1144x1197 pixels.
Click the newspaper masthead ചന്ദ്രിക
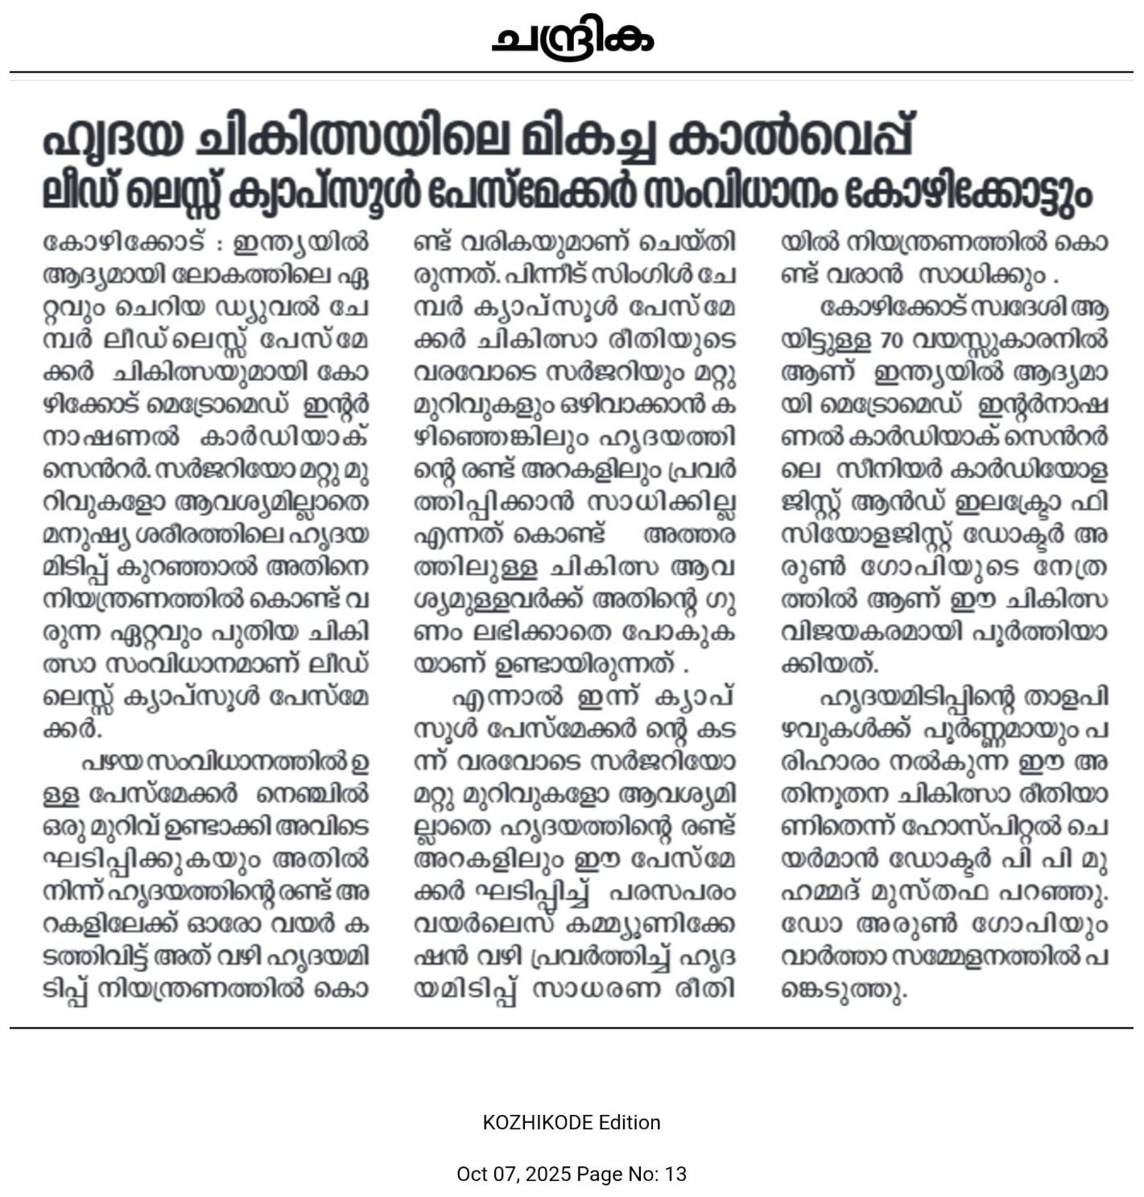point(572,38)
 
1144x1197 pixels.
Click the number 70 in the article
point(891,341)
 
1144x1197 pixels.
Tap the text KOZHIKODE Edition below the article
point(572,1122)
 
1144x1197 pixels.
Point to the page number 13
point(675,1174)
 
